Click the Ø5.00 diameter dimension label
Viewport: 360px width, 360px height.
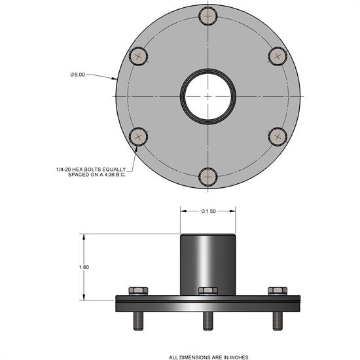coord(78,75)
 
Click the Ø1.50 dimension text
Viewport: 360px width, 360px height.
coord(209,211)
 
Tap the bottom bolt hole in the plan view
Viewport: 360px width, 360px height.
coord(208,176)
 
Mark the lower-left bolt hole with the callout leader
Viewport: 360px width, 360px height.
coord(139,136)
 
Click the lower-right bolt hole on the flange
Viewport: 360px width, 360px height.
coord(278,136)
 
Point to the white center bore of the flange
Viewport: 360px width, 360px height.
coord(208,96)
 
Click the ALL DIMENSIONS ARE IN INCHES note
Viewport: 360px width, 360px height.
coord(208,357)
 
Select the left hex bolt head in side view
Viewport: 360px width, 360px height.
coord(138,290)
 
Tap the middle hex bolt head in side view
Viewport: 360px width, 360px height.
coord(208,290)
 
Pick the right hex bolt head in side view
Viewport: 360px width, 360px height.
coord(277,290)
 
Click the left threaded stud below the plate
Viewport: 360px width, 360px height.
coord(138,320)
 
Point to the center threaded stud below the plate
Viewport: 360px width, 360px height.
coord(208,320)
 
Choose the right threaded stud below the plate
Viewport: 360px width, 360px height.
coord(277,320)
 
